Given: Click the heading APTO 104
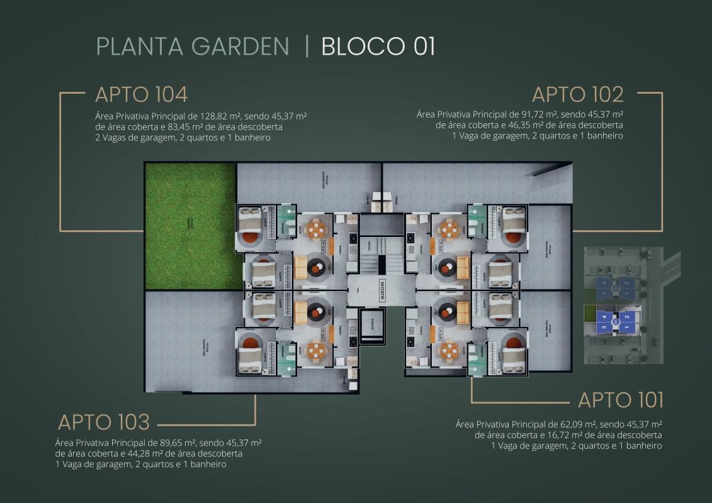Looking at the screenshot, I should pos(141,94).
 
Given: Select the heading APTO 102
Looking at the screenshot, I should pos(577,94).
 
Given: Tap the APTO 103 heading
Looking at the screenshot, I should pos(104,421).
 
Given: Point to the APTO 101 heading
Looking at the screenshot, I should pos(620,399).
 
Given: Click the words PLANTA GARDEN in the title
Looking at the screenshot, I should pos(193,47).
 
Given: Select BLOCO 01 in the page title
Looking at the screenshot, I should pos(378,47).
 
